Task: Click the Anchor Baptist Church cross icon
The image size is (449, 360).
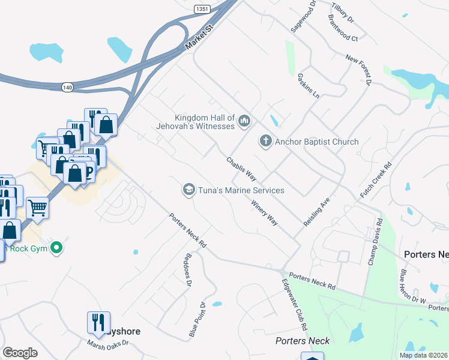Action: (x=266, y=142)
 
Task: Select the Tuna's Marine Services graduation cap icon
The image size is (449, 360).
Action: (x=188, y=190)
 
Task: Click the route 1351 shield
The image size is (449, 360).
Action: (x=202, y=9)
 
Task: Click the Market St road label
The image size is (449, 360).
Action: (x=199, y=37)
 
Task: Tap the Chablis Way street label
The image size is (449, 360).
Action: (x=241, y=169)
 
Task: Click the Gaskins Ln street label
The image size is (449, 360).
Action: (x=308, y=86)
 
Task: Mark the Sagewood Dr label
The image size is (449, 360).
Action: (x=303, y=19)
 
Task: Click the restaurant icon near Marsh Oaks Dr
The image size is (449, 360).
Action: (x=97, y=322)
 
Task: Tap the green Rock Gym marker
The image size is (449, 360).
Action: (x=56, y=247)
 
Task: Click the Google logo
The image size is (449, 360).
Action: (x=20, y=353)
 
